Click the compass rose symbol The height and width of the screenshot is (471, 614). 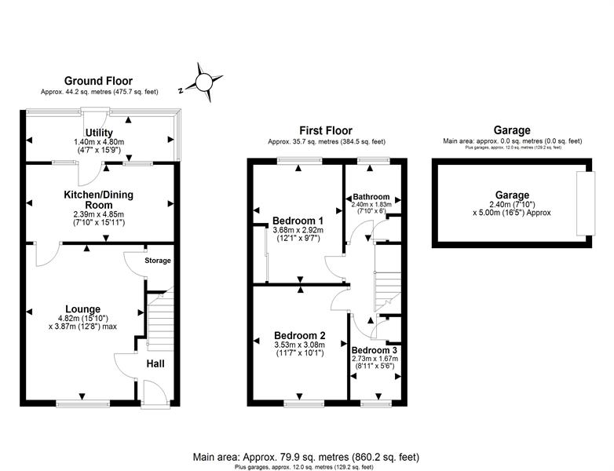203,82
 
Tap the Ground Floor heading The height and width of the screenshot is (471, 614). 98,81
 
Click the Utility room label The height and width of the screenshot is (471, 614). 99,133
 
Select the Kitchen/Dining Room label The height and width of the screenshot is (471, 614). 99,199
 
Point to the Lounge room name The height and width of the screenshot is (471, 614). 82,309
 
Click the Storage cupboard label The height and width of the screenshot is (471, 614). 158,261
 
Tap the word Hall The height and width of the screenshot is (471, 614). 155,363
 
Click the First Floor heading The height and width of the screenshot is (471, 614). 326,130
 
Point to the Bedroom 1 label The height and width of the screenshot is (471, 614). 298,221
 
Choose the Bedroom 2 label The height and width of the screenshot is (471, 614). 300,335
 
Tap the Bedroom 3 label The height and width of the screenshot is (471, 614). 375,350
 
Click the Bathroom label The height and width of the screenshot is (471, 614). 371,196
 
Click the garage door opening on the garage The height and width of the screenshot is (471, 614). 586,203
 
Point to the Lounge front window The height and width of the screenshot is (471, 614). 82,403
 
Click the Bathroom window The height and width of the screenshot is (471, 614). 373,160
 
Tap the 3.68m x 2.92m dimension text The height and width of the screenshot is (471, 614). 298,230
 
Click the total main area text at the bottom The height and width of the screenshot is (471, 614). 306,457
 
